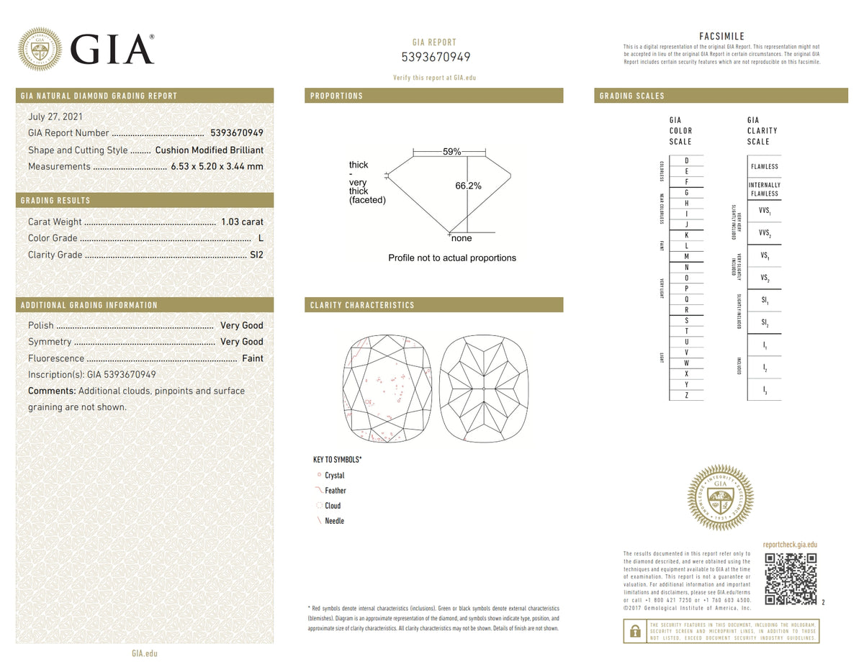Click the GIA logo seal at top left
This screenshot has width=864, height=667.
click(x=40, y=49)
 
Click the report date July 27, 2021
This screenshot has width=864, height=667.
click(x=55, y=117)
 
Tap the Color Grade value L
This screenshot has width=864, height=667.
click(x=260, y=238)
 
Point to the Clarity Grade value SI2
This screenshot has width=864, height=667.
click(x=256, y=255)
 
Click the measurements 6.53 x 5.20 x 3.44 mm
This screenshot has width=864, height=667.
click(x=217, y=166)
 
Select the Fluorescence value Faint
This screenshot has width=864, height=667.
click(x=252, y=358)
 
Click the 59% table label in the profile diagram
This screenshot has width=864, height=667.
click(x=451, y=152)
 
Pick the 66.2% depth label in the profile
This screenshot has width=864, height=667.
click(x=468, y=186)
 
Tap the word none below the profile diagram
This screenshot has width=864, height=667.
click(x=462, y=238)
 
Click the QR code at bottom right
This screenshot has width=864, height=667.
click(x=790, y=578)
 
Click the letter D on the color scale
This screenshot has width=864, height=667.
click(x=686, y=160)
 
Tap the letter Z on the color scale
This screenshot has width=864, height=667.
click(x=686, y=395)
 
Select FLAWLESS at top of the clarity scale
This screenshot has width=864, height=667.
click(x=764, y=166)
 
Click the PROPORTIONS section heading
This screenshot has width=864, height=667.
click(x=336, y=96)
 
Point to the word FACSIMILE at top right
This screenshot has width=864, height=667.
click(x=721, y=36)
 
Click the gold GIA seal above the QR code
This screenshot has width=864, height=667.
click(x=721, y=497)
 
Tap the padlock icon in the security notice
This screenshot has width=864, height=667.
click(x=634, y=631)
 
